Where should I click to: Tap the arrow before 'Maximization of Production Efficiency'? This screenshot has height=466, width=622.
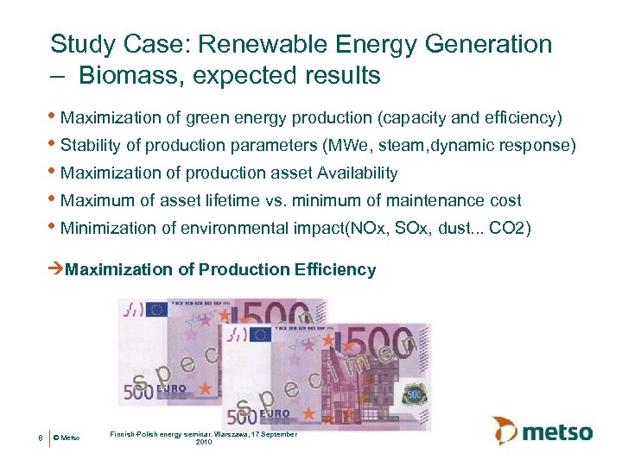click(57, 269)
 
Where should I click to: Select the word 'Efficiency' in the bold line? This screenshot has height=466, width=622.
click(335, 269)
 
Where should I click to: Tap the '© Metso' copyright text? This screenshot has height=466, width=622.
click(67, 438)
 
